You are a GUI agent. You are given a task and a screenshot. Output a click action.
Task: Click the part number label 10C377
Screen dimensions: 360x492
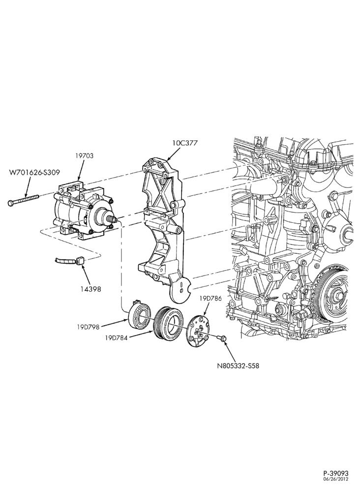point(185,143)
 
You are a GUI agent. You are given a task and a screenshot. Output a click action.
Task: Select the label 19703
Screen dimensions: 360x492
point(84,155)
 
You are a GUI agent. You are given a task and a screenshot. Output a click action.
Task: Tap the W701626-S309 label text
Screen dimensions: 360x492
point(34,172)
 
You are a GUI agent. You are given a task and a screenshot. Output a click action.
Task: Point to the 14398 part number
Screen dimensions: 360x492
point(90,289)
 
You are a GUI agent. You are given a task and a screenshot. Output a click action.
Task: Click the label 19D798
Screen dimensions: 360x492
point(88,327)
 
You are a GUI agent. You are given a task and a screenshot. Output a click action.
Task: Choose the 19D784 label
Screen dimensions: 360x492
point(117,338)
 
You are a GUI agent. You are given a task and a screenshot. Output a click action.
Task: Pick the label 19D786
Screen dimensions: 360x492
point(210,299)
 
